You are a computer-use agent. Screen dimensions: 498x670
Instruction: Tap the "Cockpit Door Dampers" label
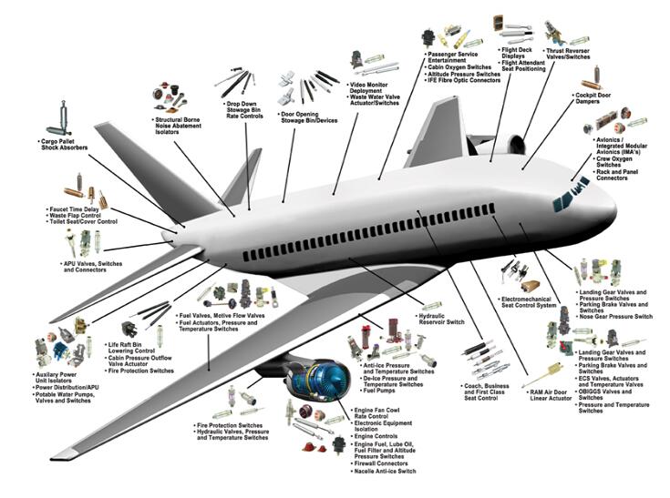coord(597,99)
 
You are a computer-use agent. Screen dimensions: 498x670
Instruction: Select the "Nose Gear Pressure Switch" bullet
coord(617,316)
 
